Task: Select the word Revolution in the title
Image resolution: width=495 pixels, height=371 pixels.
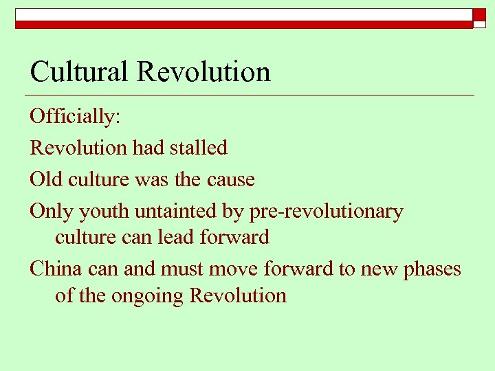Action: tap(204, 71)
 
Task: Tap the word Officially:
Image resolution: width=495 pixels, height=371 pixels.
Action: tap(76, 116)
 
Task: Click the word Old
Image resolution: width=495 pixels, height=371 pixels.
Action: tap(46, 179)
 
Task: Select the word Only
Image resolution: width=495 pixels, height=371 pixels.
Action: tap(51, 212)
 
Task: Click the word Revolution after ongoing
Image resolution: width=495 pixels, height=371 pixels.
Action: tap(238, 295)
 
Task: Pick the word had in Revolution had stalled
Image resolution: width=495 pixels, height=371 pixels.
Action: tap(146, 147)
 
